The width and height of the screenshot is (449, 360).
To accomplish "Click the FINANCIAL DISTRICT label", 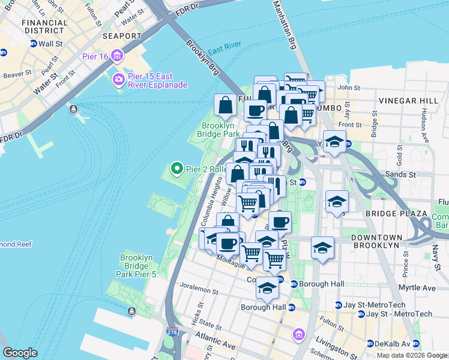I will (45, 26).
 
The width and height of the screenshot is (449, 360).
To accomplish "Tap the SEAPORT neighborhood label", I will (121, 36).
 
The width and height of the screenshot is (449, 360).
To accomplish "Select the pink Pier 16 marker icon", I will (116, 57).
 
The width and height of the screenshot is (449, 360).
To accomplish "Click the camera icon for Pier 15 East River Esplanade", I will (118, 79).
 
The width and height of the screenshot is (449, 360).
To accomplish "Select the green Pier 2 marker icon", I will (176, 169).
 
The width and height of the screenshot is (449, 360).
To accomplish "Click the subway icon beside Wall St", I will (34, 44).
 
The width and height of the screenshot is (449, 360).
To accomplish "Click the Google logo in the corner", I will (20, 353).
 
